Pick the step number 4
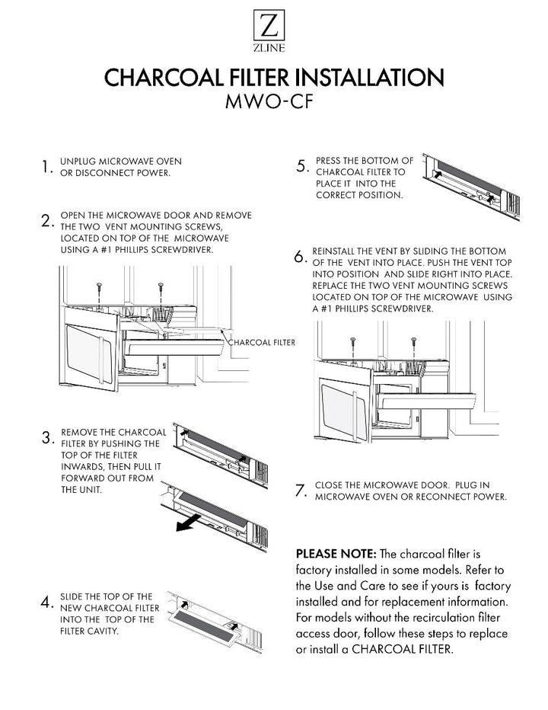point(46,603)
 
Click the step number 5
point(302,167)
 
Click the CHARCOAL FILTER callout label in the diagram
point(262,343)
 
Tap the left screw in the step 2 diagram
point(100,288)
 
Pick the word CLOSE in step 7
point(329,485)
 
